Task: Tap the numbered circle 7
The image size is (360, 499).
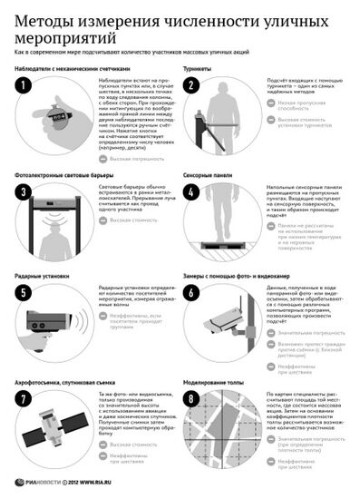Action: [24, 399]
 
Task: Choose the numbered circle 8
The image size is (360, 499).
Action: [192, 399]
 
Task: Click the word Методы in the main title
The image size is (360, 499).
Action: [43, 17]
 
